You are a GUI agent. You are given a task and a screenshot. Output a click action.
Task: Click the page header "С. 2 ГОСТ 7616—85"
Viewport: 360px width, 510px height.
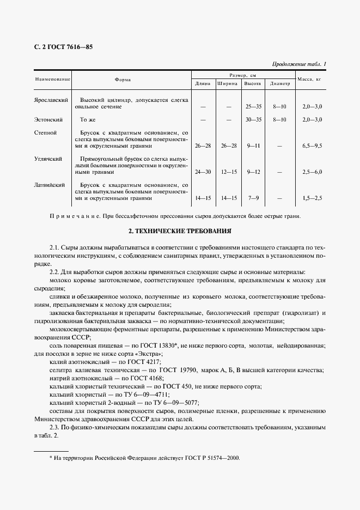pyautogui.click(x=64, y=47)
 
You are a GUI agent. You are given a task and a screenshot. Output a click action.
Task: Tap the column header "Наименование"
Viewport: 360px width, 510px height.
pyautogui.click(x=53, y=79)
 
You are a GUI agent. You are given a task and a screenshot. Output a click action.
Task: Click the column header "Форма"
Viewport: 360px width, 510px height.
pyautogui.click(x=123, y=79)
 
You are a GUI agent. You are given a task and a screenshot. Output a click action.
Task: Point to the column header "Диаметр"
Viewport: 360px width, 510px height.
pyautogui.click(x=279, y=84)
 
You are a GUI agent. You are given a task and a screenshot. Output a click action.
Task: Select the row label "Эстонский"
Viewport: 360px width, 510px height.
pyautogui.click(x=49, y=119)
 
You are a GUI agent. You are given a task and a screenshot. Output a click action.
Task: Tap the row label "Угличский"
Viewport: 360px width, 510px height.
pyautogui.click(x=49, y=159)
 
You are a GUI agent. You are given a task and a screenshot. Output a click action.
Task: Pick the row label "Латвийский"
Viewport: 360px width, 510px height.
pyautogui.click(x=51, y=185)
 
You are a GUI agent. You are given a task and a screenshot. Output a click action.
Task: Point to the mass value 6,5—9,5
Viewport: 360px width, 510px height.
pyautogui.click(x=312, y=146)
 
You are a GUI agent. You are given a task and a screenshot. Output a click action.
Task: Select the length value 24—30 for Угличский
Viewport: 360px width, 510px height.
pyautogui.click(x=203, y=172)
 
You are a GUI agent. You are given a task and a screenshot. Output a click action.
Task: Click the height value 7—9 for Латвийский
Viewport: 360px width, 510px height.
pyautogui.click(x=253, y=198)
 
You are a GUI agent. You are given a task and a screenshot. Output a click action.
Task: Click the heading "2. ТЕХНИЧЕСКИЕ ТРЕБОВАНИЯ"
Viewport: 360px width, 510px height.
pyautogui.click(x=180, y=231)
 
